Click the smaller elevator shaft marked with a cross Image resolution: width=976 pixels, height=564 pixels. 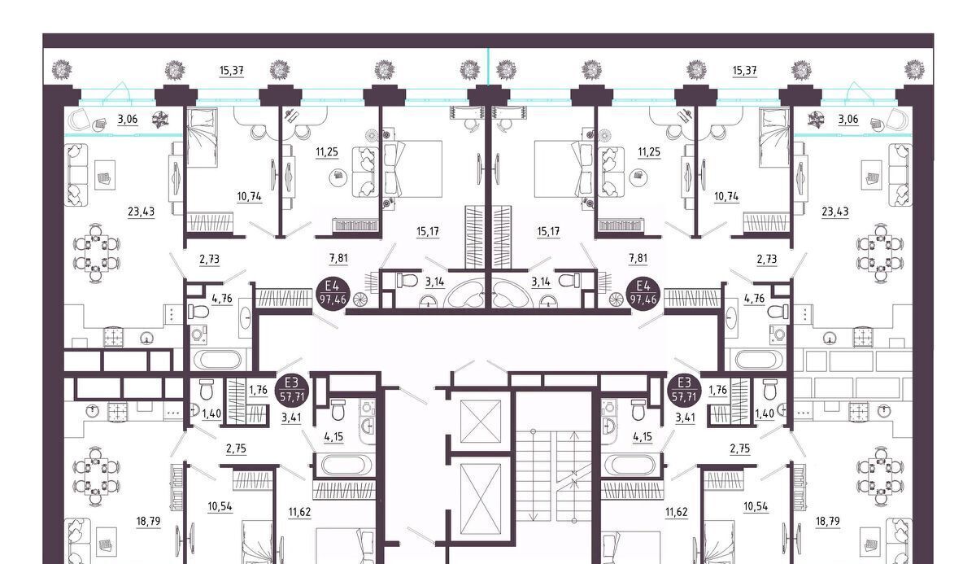(x=481, y=421)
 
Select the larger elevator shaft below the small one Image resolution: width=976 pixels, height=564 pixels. (x=481, y=499)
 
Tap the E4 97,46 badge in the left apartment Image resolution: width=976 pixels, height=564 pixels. (x=333, y=293)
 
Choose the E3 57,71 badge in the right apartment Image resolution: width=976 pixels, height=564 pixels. (x=685, y=389)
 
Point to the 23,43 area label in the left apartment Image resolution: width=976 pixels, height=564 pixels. (x=142, y=212)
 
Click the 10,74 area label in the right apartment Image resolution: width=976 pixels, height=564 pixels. (x=726, y=197)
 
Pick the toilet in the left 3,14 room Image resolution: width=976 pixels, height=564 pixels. (x=407, y=280)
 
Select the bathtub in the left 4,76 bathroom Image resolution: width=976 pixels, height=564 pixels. (x=217, y=361)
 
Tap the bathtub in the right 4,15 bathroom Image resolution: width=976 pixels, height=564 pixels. (x=630, y=465)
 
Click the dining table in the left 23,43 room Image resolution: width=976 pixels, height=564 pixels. (x=96, y=253)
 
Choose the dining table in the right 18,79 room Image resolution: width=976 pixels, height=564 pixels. (x=880, y=475)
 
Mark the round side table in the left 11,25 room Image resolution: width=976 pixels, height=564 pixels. (x=338, y=177)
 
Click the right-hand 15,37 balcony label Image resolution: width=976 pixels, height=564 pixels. (x=744, y=70)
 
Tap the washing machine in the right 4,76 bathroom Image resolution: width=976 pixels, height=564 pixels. (x=778, y=334)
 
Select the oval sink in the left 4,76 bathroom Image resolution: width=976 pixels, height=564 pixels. (x=246, y=317)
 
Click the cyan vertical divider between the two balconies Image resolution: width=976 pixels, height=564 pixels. (x=489, y=66)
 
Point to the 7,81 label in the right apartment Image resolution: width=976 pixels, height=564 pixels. (x=638, y=259)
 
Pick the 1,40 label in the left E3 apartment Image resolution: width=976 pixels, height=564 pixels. (x=211, y=413)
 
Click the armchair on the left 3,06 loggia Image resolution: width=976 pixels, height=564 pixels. (x=80, y=119)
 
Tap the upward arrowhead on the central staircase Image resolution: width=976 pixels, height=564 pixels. (x=574, y=435)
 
